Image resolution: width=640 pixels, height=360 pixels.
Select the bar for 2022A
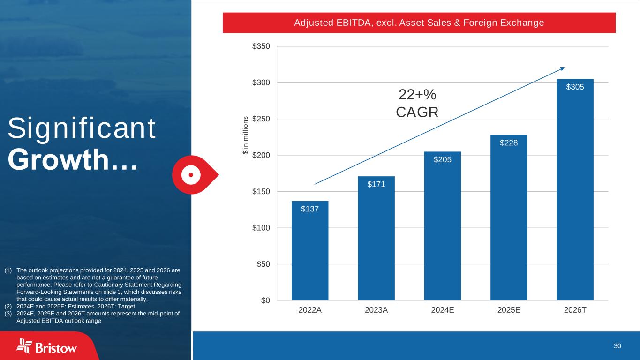(310, 251)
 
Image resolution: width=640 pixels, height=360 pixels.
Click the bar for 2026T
(575, 190)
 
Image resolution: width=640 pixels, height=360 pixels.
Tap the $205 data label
(442, 160)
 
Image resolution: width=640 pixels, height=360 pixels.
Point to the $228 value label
(509, 142)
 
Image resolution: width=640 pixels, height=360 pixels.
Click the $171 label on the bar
(376, 184)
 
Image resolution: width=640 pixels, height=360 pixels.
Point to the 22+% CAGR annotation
(417, 104)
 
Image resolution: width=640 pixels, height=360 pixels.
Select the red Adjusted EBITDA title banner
(419, 22)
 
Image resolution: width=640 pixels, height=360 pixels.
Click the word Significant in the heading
(82, 129)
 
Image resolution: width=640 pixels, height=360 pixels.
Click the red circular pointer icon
(192, 174)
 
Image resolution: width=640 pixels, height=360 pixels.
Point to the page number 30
(617, 346)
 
